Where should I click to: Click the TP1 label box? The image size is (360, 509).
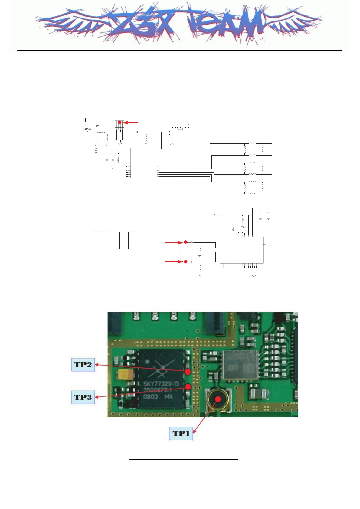(181, 433)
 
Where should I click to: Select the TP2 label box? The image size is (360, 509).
(83, 364)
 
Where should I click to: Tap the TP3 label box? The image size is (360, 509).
(83, 397)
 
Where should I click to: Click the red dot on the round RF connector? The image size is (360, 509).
(218, 399)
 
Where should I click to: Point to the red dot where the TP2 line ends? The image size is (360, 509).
(188, 372)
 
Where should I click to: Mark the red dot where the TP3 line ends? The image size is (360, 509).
(188, 387)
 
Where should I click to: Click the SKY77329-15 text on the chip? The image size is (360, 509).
(161, 384)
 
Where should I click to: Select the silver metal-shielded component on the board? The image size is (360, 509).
(240, 365)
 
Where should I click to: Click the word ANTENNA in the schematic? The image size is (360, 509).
(87, 129)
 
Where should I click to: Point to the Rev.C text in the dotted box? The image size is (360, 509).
(180, 129)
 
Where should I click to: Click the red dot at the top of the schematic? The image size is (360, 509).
(119, 122)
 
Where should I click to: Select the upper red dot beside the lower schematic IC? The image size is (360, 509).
(186, 242)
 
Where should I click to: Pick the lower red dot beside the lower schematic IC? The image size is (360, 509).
(186, 261)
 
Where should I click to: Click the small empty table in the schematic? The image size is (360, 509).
(115, 240)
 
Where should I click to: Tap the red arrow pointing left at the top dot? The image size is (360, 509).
(131, 123)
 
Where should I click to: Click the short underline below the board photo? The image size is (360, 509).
(184, 459)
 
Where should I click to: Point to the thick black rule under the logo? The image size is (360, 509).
(179, 51)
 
